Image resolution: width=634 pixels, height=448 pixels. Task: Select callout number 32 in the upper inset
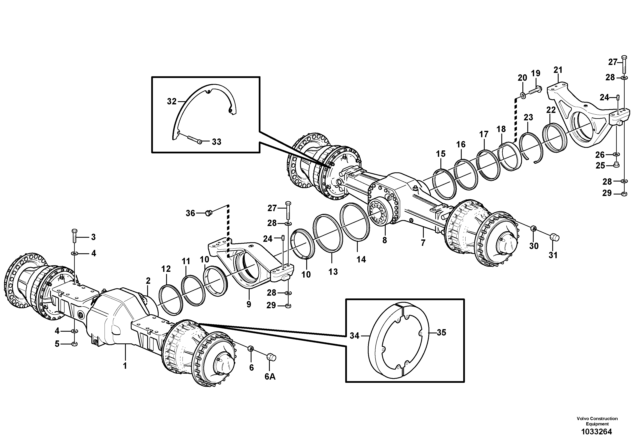click(171, 101)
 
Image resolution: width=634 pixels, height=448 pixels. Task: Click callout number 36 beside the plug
click(190, 213)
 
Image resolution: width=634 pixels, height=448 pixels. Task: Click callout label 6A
click(270, 376)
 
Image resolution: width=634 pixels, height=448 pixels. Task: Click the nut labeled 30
click(533, 228)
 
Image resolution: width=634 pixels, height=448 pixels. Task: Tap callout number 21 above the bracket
click(558, 70)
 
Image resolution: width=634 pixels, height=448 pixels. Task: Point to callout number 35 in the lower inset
click(441, 333)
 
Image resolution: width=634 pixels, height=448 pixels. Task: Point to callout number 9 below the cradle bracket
click(249, 304)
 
